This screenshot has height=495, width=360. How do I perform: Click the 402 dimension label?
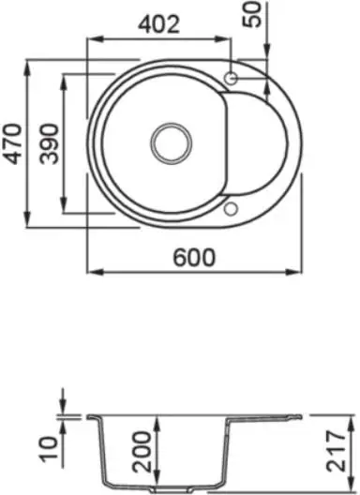[158, 24]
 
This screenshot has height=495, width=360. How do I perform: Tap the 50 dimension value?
[251, 14]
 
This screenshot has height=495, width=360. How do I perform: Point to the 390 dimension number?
[50, 144]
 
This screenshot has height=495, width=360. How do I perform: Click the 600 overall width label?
[194, 257]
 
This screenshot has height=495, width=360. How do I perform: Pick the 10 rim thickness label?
[50, 449]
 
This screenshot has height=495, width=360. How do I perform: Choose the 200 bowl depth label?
[142, 452]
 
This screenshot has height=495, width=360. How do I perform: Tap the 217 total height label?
[337, 451]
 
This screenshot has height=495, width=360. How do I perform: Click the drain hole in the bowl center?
[172, 143]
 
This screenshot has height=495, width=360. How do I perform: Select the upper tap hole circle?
[231, 78]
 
